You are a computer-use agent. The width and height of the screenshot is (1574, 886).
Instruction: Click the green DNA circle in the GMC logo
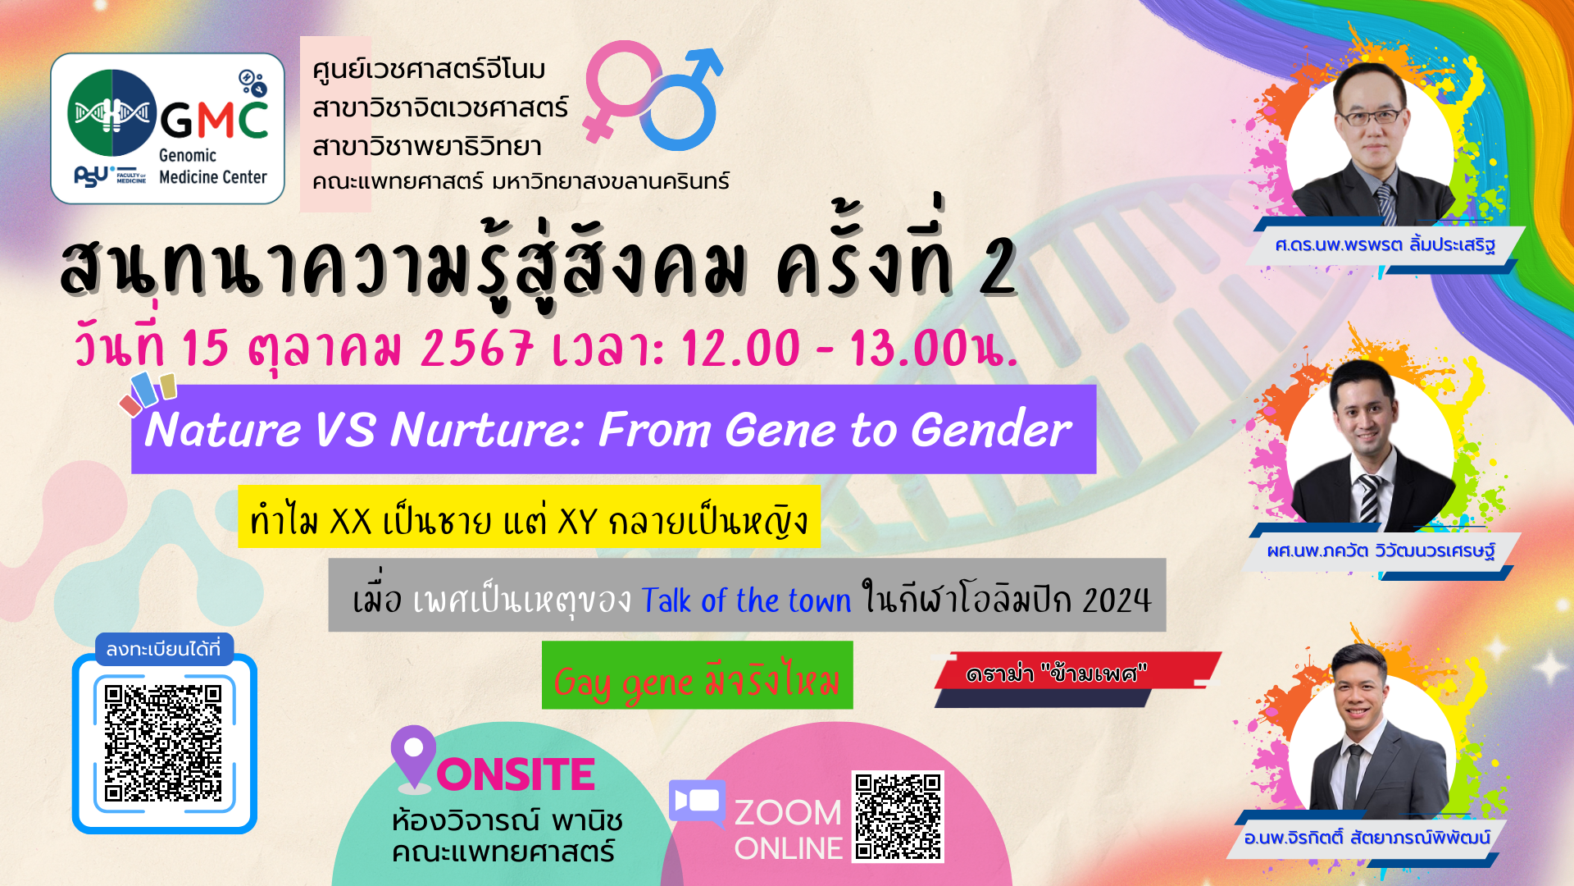tap(112, 112)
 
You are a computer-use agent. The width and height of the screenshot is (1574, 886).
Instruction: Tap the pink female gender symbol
tap(621, 90)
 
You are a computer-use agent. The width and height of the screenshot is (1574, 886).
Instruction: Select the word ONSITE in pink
tap(516, 774)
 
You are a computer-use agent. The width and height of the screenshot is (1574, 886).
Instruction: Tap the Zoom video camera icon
tap(698, 802)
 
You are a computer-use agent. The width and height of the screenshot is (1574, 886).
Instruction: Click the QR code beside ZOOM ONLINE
tap(898, 816)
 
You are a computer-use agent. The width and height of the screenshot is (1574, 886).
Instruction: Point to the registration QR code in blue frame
tap(164, 743)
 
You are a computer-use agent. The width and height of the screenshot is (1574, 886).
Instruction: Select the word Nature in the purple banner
tap(223, 430)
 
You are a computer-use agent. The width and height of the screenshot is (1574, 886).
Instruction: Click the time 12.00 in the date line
tap(740, 348)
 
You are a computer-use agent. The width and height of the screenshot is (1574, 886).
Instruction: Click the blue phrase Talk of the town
tap(746, 601)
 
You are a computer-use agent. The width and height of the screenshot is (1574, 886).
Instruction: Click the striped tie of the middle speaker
tap(1370, 498)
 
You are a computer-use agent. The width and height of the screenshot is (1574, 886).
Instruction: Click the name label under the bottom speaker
tap(1367, 838)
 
